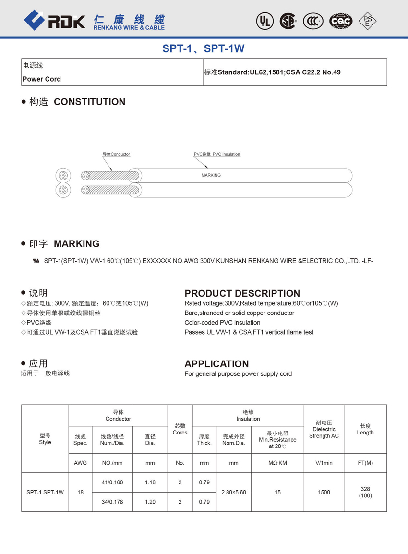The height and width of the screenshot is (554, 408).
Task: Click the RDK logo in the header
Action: pos(54,20)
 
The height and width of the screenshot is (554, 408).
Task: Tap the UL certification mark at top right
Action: pos(264,21)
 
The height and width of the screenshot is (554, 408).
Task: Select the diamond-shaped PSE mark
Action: pos(367,21)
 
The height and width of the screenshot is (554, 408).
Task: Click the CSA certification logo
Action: pos(288,21)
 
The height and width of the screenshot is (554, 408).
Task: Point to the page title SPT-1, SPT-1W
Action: pos(204,48)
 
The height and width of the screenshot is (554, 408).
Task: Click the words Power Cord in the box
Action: pos(42,79)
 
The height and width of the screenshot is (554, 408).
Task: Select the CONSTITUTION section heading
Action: pos(89,102)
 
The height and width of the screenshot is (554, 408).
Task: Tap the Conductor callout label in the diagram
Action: pos(116,154)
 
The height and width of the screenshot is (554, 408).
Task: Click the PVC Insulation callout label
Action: pos(217,154)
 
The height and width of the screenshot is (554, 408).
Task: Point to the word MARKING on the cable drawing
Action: pos(211,175)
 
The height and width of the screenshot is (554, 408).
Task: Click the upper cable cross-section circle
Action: pos(63,175)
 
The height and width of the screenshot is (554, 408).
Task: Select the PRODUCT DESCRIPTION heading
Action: pos(242,293)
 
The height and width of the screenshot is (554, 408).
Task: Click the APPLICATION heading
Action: pos(216,364)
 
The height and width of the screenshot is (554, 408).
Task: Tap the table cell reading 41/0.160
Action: pos(112,482)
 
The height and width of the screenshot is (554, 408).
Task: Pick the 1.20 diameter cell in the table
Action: pos(150,502)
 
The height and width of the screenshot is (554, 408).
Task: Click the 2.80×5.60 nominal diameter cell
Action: pos(234,492)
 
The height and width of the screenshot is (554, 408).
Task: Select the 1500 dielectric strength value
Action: pos(324,492)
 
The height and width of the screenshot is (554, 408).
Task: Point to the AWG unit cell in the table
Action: pos(81,463)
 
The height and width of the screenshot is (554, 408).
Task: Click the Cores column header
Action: pos(180,429)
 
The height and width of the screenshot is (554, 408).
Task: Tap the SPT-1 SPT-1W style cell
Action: pos(45,492)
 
